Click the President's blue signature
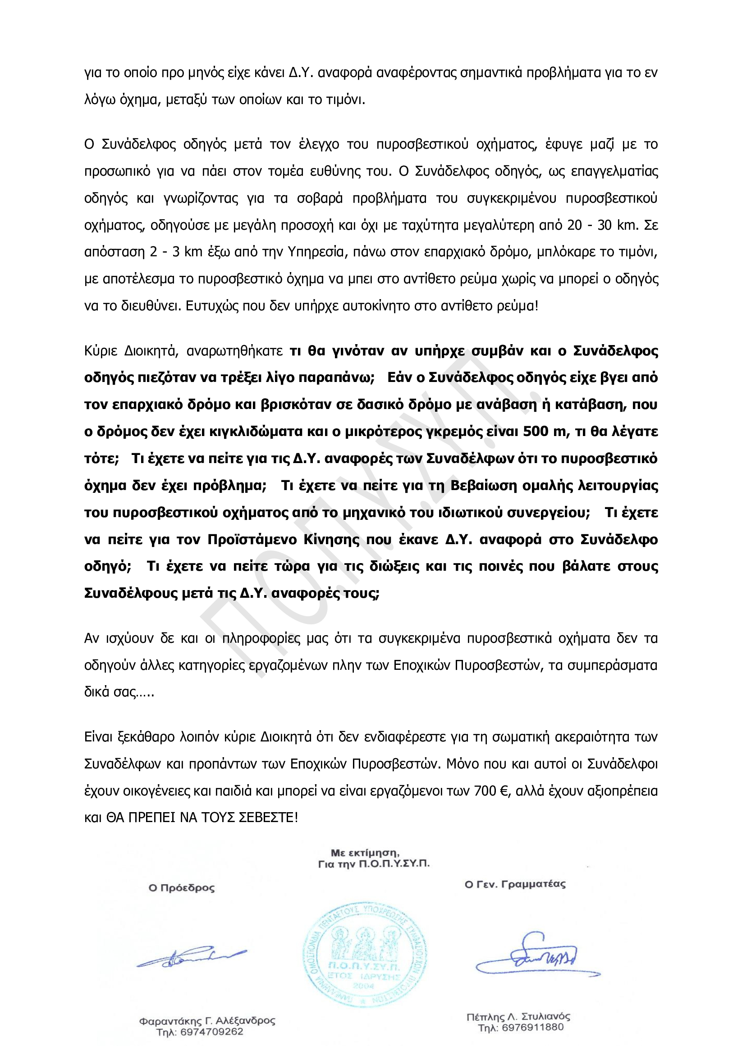[191, 957]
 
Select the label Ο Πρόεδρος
[182, 888]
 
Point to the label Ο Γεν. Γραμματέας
[515, 884]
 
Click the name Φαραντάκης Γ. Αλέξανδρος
[207, 1021]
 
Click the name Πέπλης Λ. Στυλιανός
[518, 1017]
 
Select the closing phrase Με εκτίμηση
[365, 853]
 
